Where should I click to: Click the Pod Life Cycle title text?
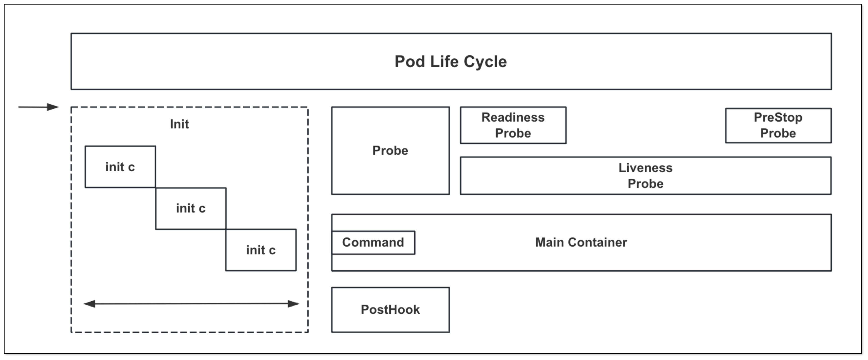click(x=451, y=62)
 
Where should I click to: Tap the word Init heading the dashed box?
click(x=179, y=124)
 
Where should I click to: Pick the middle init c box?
click(x=191, y=208)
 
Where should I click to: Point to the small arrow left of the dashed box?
click(x=39, y=107)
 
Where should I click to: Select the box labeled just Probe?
click(x=390, y=150)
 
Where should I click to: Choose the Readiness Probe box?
click(x=513, y=125)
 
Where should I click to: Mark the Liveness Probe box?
click(x=645, y=175)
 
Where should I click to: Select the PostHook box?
click(x=390, y=310)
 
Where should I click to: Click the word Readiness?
click(x=513, y=117)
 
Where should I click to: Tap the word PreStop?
click(x=778, y=117)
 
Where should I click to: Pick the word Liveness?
click(x=645, y=168)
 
